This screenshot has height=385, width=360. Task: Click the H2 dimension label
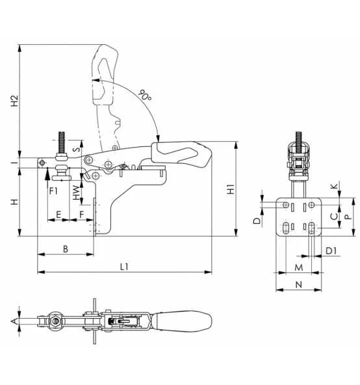tap(14, 101)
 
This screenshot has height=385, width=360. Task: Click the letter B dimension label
tap(65, 249)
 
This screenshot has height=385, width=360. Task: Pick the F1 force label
tap(54, 191)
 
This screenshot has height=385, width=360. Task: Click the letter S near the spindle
tap(76, 149)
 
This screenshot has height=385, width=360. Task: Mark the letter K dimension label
tap(333, 187)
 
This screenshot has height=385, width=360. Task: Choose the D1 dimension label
tap(331, 250)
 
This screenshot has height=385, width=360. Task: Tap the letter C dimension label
tap(333, 216)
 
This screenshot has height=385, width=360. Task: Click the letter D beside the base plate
tap(257, 221)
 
